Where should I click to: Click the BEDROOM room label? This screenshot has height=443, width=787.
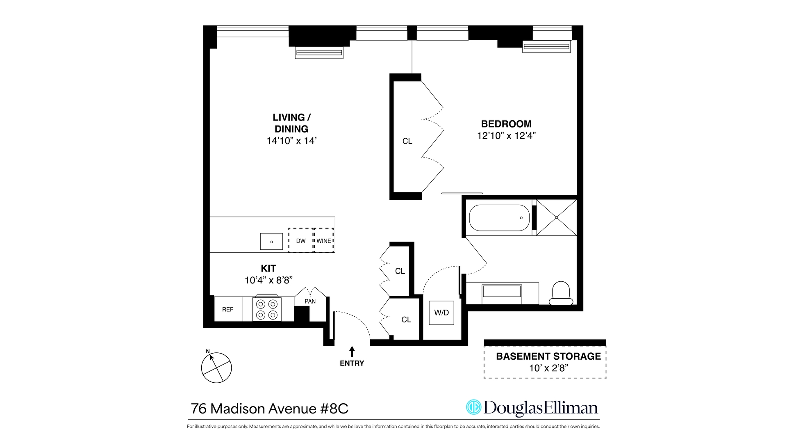click(x=506, y=124)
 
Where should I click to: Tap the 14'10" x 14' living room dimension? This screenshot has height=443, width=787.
click(x=291, y=141)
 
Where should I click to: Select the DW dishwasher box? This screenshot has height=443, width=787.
click(x=301, y=241)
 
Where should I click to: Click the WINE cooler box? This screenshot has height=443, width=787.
click(x=324, y=241)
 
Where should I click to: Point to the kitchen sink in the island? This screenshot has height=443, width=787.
click(x=271, y=242)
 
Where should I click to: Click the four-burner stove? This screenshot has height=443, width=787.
click(x=267, y=309)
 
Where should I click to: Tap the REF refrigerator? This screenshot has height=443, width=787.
click(x=228, y=309)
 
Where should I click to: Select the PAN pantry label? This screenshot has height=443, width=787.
click(x=310, y=301)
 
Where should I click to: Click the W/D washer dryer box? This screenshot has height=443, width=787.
click(x=441, y=313)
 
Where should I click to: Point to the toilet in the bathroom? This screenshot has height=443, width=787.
click(x=561, y=293)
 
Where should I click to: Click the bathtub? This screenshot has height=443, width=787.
click(x=499, y=218)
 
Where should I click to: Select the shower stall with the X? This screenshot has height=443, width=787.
click(x=556, y=217)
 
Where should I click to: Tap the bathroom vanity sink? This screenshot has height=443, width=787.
click(x=502, y=292)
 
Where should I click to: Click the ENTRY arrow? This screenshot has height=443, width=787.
click(x=352, y=352)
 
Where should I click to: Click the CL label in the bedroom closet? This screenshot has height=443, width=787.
click(x=407, y=141)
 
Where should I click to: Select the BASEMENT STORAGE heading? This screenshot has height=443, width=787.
click(x=548, y=356)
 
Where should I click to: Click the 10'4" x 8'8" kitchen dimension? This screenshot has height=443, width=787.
click(x=268, y=280)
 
